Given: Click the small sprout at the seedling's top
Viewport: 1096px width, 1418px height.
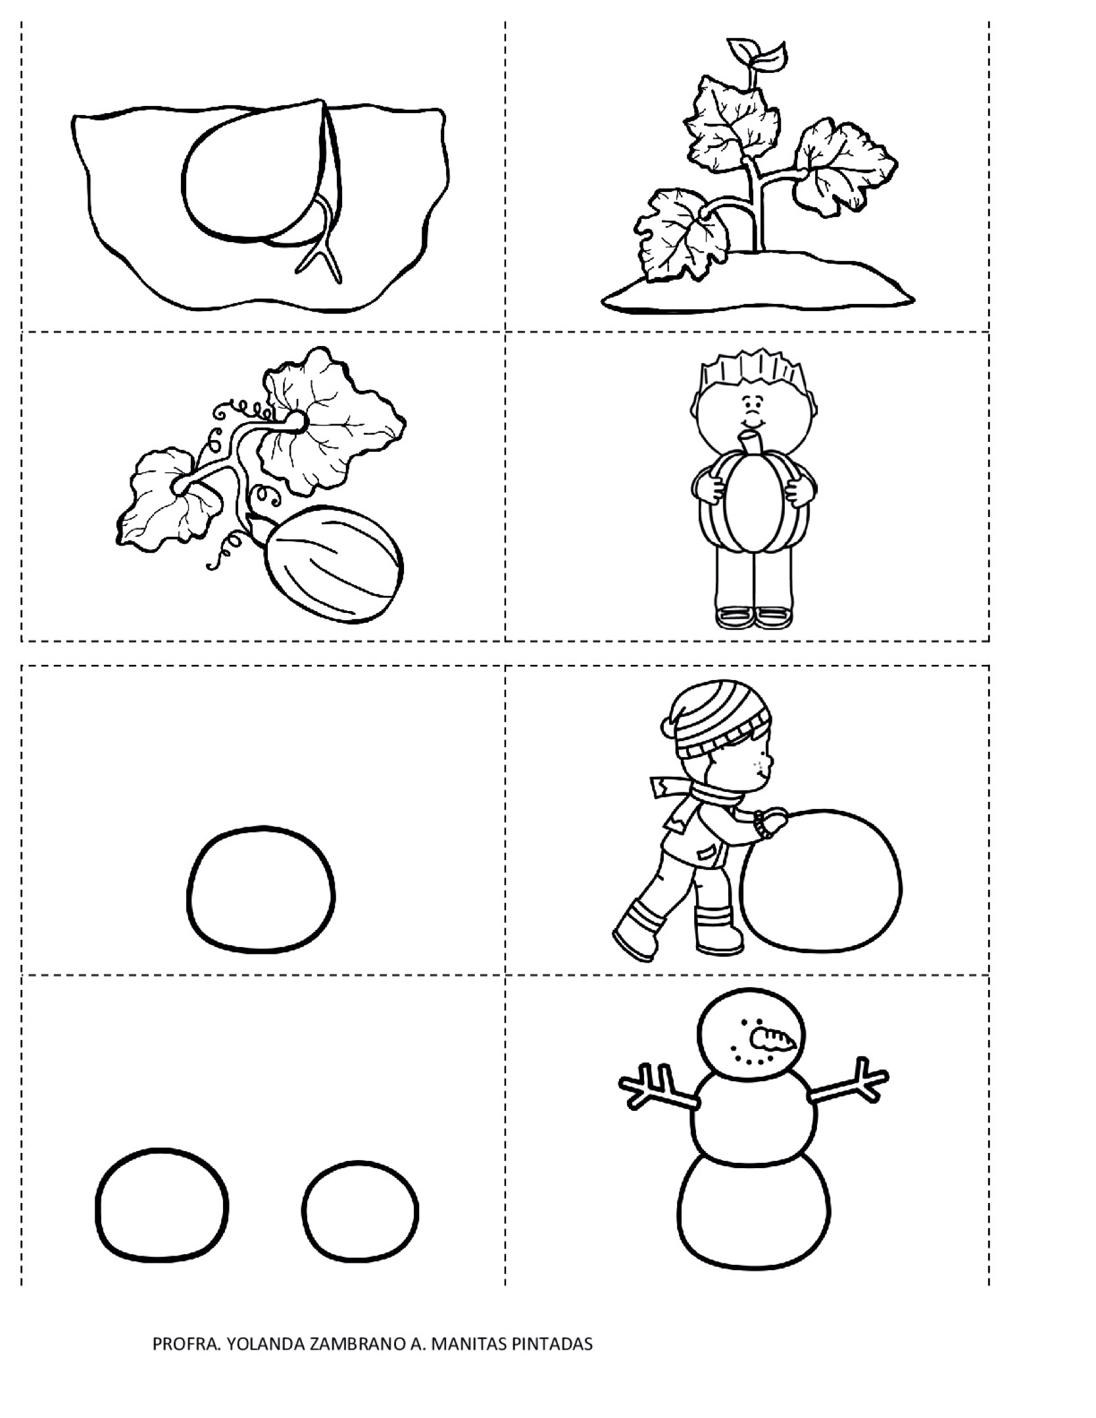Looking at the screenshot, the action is click(759, 55).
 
